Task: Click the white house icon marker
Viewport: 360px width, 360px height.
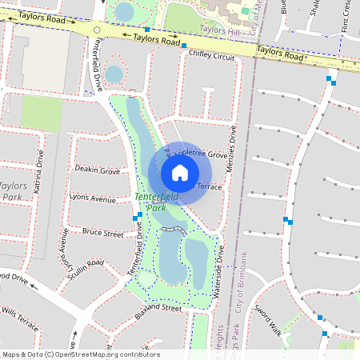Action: [x=180, y=172]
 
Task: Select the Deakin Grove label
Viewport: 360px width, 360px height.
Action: [x=98, y=170]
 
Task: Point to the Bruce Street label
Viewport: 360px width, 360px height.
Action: [x=102, y=234]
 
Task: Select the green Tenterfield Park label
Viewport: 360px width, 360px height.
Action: [x=150, y=202]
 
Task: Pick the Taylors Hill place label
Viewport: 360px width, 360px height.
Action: [x=219, y=29]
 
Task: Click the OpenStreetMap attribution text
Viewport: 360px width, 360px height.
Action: [x=80, y=354]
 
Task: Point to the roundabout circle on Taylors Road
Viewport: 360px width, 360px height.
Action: [x=97, y=30]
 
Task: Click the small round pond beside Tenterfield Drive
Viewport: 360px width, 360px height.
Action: [x=114, y=74]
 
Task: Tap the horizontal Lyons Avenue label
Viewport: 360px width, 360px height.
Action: [x=92, y=198]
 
